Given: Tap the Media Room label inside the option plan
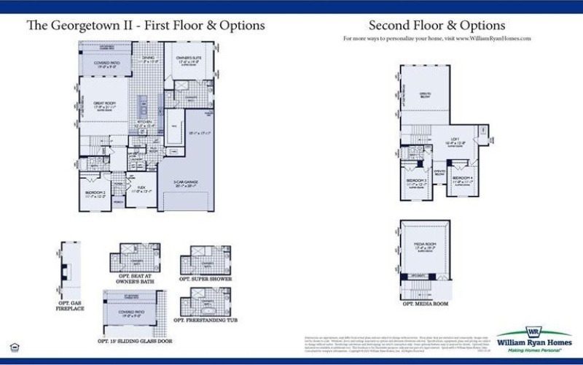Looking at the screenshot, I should [425, 247].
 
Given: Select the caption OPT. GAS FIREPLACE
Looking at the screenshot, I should [71, 305].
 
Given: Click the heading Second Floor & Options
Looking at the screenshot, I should [437, 25].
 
